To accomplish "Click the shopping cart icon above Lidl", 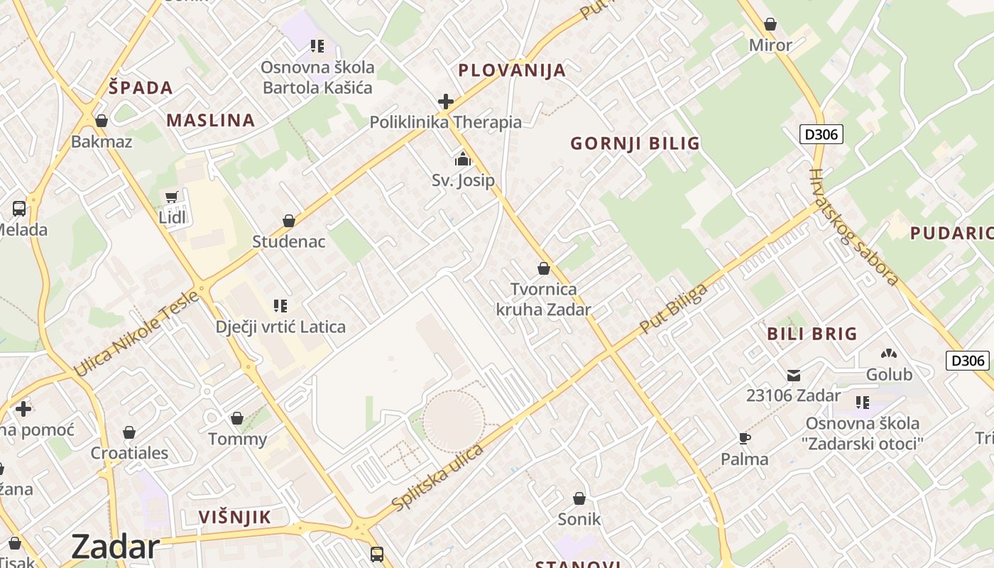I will pos(171,197).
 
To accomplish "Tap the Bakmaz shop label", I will pos(102,141).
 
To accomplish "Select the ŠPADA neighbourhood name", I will pos(141,87).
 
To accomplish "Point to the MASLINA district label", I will pos(211,120).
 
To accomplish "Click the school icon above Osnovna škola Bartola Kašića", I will pos(317,46).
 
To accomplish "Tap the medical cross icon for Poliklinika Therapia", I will pos(446,102).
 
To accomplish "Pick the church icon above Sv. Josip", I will pos(463,159).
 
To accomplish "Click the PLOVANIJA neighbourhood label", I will pos(512,70).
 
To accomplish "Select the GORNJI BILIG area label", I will pos(635,143).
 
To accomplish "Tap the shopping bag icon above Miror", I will pos(770,25).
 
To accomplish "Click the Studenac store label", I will pos(289,241).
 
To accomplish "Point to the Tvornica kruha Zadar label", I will pos(544,300).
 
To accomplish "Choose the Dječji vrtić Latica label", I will pos(280,327).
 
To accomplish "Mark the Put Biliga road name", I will pos(674,309).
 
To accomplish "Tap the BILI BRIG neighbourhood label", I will pos(812,334).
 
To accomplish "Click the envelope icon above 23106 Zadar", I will pos(794,375).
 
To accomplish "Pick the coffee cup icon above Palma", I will pos(745,438).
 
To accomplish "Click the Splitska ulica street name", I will pos(437,476).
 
